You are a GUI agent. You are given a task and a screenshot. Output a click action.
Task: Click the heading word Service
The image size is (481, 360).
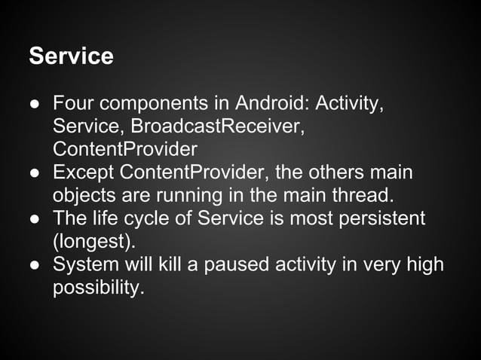tap(71, 56)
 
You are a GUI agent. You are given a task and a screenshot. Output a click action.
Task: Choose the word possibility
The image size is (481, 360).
tap(97, 288)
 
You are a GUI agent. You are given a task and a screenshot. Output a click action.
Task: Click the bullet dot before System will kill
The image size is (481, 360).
tap(35, 266)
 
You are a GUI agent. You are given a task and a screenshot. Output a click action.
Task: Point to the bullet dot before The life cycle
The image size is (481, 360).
tap(35, 220)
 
